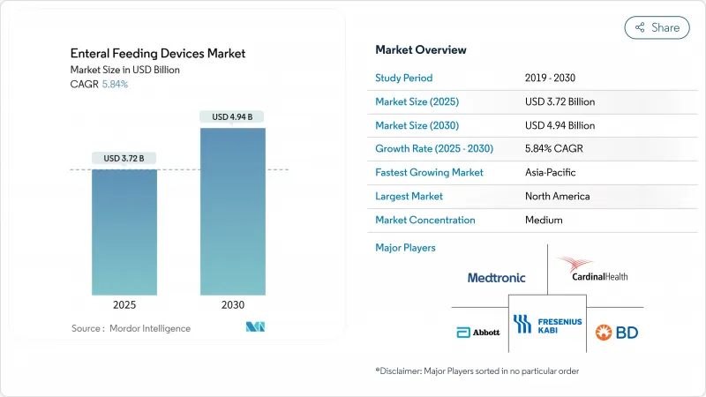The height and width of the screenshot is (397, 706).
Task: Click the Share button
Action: tap(657, 27)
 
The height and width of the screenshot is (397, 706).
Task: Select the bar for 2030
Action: tap(232, 212)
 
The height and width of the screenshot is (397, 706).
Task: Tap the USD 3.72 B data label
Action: tap(124, 159)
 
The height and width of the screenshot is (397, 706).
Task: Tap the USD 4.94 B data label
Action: tap(232, 116)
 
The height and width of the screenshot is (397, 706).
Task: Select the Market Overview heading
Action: tap(421, 49)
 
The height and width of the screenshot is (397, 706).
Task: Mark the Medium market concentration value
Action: tap(544, 221)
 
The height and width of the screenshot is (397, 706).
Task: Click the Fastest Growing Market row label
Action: tap(429, 173)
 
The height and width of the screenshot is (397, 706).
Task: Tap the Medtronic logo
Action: tap(496, 277)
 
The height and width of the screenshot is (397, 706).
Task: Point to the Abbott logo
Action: tap(477, 332)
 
